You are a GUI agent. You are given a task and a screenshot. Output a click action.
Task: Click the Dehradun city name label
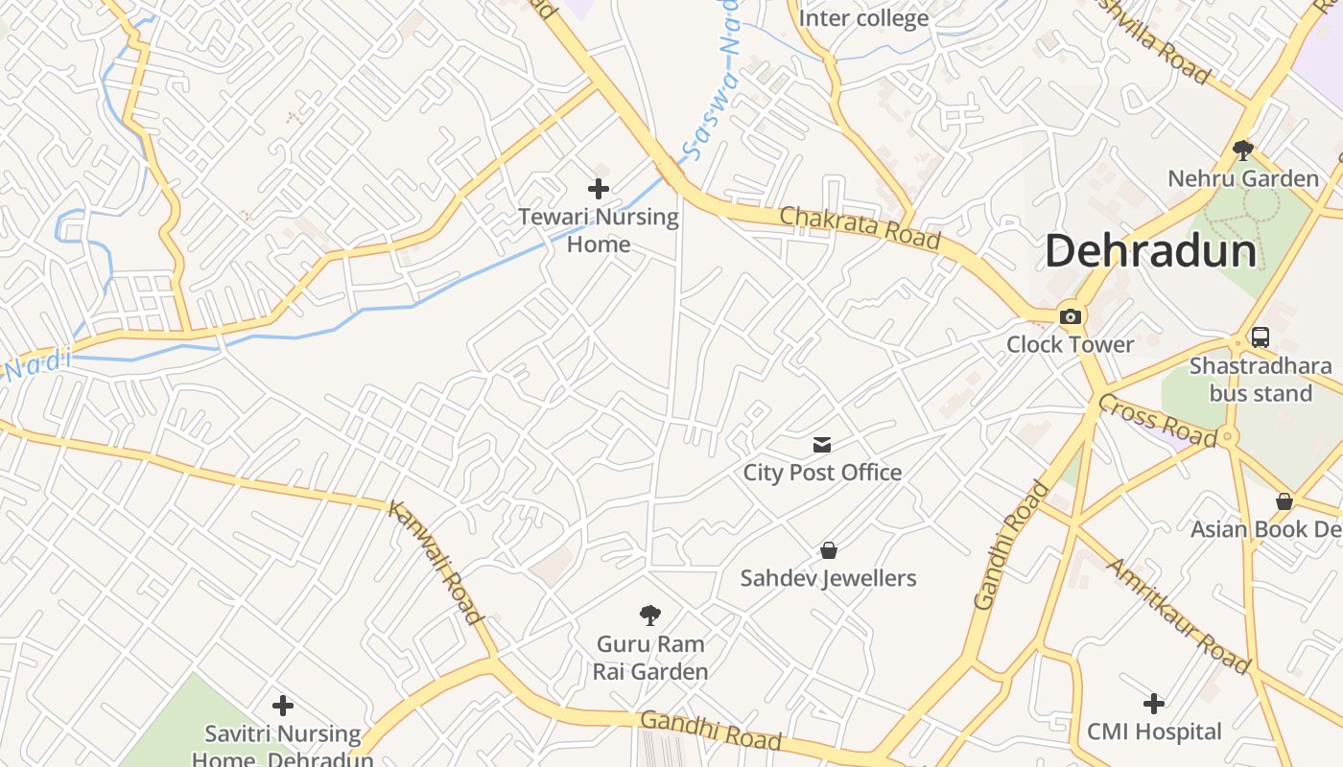(1150, 252)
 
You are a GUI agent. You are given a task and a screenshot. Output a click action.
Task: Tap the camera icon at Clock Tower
(1071, 317)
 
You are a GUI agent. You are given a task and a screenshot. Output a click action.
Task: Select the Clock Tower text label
(1070, 344)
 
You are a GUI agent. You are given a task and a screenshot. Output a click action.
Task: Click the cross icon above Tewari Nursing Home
(599, 189)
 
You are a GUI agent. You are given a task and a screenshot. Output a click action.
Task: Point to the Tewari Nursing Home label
(599, 230)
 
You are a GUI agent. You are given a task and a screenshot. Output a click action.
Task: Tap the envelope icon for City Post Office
(822, 445)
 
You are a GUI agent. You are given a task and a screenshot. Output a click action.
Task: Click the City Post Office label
(822, 472)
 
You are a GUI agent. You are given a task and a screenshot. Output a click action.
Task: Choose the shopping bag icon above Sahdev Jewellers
(829, 550)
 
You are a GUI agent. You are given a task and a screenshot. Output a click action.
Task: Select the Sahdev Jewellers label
(828, 578)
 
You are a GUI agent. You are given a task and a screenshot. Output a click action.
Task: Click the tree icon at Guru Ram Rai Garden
(650, 616)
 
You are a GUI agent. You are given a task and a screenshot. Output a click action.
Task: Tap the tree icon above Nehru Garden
(1243, 151)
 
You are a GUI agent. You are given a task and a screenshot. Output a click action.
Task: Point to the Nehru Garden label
(1242, 178)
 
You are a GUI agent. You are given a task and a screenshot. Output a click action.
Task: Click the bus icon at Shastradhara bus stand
(1261, 337)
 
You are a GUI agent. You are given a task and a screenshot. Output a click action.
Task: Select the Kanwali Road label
(436, 562)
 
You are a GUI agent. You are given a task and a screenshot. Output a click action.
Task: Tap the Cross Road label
(1157, 420)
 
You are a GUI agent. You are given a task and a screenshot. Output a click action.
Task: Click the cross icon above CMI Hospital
(1154, 705)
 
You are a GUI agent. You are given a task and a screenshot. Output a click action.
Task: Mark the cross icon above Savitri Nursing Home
(283, 707)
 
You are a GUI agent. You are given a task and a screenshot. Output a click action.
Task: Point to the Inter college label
(863, 18)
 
